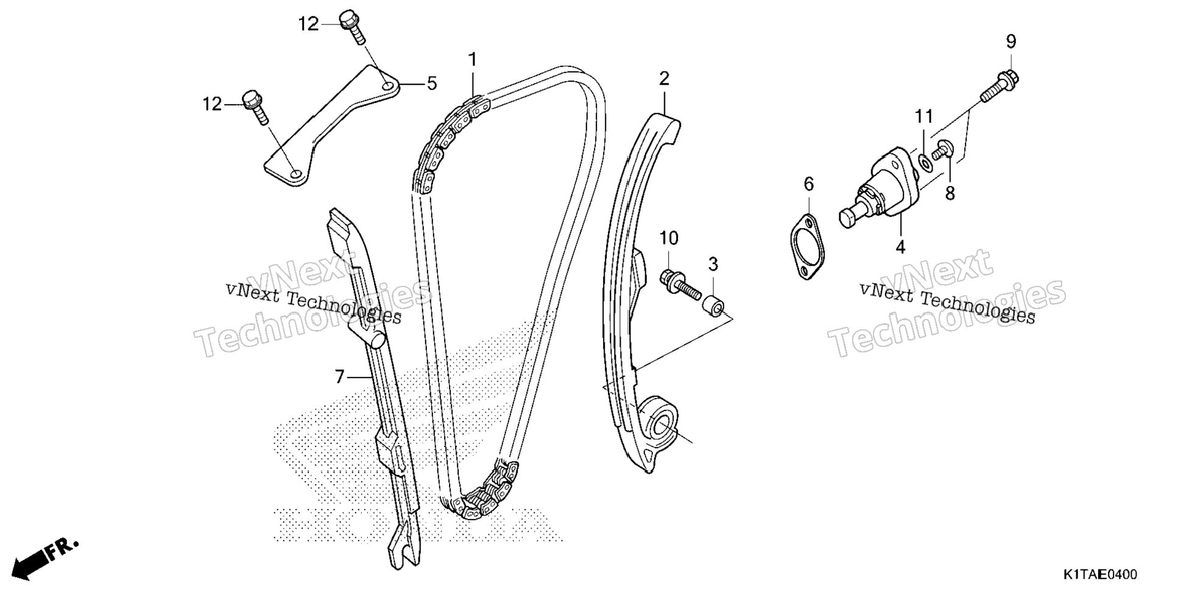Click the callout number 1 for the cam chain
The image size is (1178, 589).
pyautogui.click(x=472, y=60)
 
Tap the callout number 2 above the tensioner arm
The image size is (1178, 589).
pyautogui.click(x=664, y=78)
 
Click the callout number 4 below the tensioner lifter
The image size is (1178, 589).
pyautogui.click(x=900, y=247)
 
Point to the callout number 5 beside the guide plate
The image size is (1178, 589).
pyautogui.click(x=431, y=83)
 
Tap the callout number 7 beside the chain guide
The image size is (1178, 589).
pyautogui.click(x=340, y=377)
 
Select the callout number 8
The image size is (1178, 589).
pyautogui.click(x=950, y=193)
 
